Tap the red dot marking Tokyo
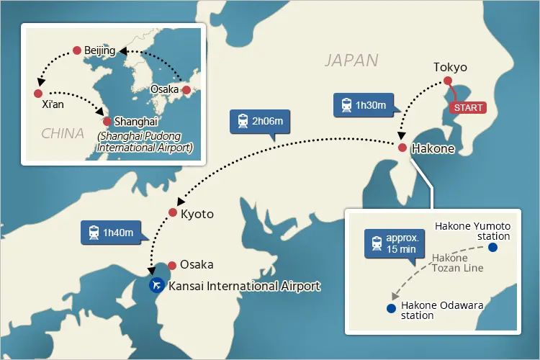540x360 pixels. [x=447, y=81]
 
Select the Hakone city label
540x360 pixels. [x=432, y=149]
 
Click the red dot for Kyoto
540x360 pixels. [x=173, y=212]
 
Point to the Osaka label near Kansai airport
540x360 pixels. [x=197, y=264]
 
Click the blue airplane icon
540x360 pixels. [x=156, y=285]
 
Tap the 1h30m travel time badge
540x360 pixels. [x=363, y=105]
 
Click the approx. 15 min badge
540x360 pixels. [x=392, y=243]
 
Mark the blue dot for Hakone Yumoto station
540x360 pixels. [x=492, y=248]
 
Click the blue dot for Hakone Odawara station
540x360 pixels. [x=391, y=308]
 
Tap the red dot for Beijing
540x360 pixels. [x=77, y=50]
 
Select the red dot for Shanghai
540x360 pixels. [x=107, y=122]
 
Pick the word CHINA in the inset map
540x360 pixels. [x=62, y=133]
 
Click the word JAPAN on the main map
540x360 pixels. [x=351, y=60]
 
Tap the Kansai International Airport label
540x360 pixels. [x=244, y=286]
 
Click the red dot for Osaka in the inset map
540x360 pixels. [x=186, y=90]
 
